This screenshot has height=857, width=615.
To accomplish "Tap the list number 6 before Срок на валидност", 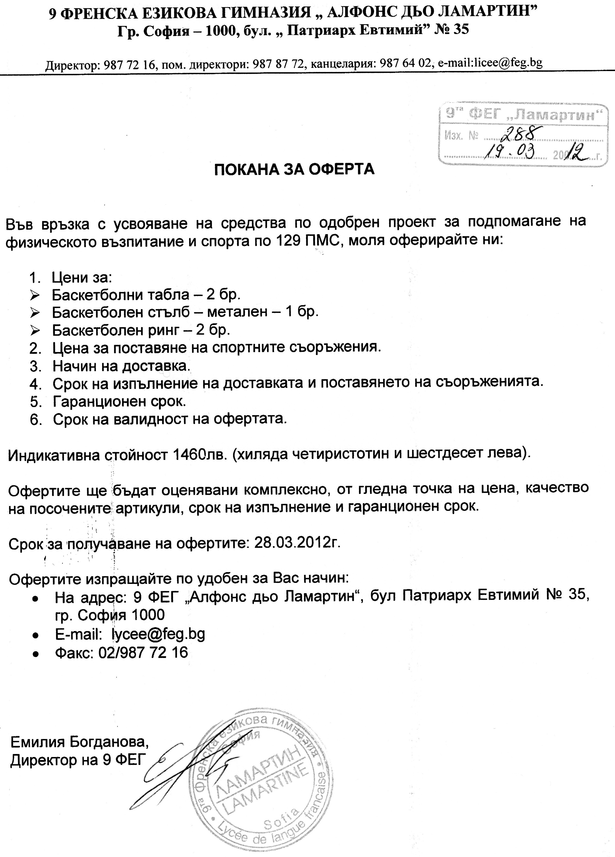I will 35,419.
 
